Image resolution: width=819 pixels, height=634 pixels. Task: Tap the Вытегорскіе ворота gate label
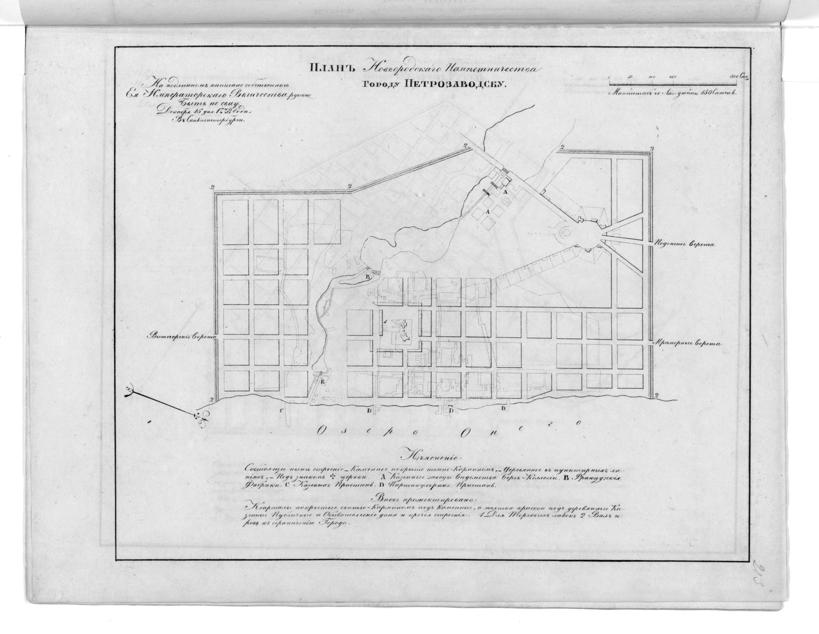pyautogui.click(x=183, y=336)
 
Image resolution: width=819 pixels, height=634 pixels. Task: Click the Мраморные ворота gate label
pyautogui.click(x=684, y=343)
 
